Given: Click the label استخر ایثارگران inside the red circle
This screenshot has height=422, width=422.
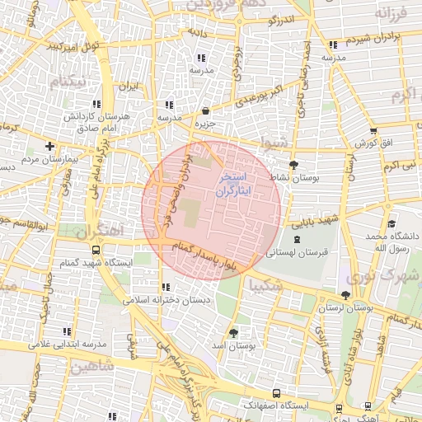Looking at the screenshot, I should click(x=237, y=184).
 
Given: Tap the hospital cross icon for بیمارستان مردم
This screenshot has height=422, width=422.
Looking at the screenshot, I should click(x=49, y=146).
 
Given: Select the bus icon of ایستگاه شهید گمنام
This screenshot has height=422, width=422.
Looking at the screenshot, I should click(x=96, y=249).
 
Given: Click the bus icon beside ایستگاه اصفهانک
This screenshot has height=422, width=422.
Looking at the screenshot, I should click(x=275, y=393).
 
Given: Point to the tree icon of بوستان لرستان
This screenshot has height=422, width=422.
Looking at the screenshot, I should click(x=345, y=294).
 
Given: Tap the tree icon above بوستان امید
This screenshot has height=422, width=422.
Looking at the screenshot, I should click(x=233, y=332).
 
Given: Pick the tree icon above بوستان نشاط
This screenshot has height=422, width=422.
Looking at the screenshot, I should click(x=293, y=164).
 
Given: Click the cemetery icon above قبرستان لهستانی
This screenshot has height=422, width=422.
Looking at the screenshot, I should click(x=297, y=238).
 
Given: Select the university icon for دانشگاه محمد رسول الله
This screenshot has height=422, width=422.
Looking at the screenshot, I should click(x=392, y=223).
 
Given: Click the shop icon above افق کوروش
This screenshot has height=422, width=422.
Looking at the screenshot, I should click(x=373, y=131).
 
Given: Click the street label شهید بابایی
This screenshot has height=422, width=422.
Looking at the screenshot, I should click(x=319, y=221).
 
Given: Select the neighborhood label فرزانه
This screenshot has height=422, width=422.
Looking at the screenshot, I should click(x=392, y=13).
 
